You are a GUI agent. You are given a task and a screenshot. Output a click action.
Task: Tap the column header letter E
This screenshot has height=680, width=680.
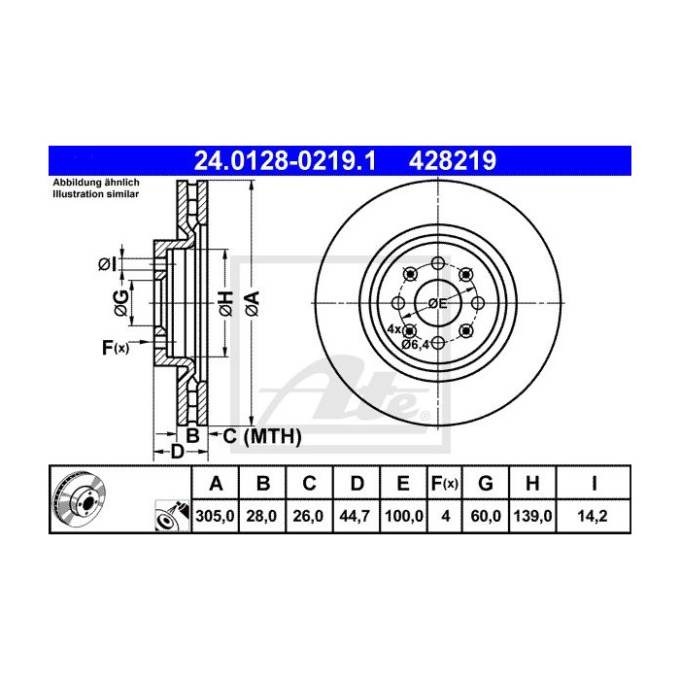pyautogui.click(x=401, y=484)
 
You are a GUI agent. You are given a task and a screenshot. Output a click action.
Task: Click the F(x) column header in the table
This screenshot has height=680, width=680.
pyautogui.click(x=444, y=484)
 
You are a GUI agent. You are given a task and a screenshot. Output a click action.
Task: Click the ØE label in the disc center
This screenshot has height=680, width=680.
pyautogui.click(x=437, y=303)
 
